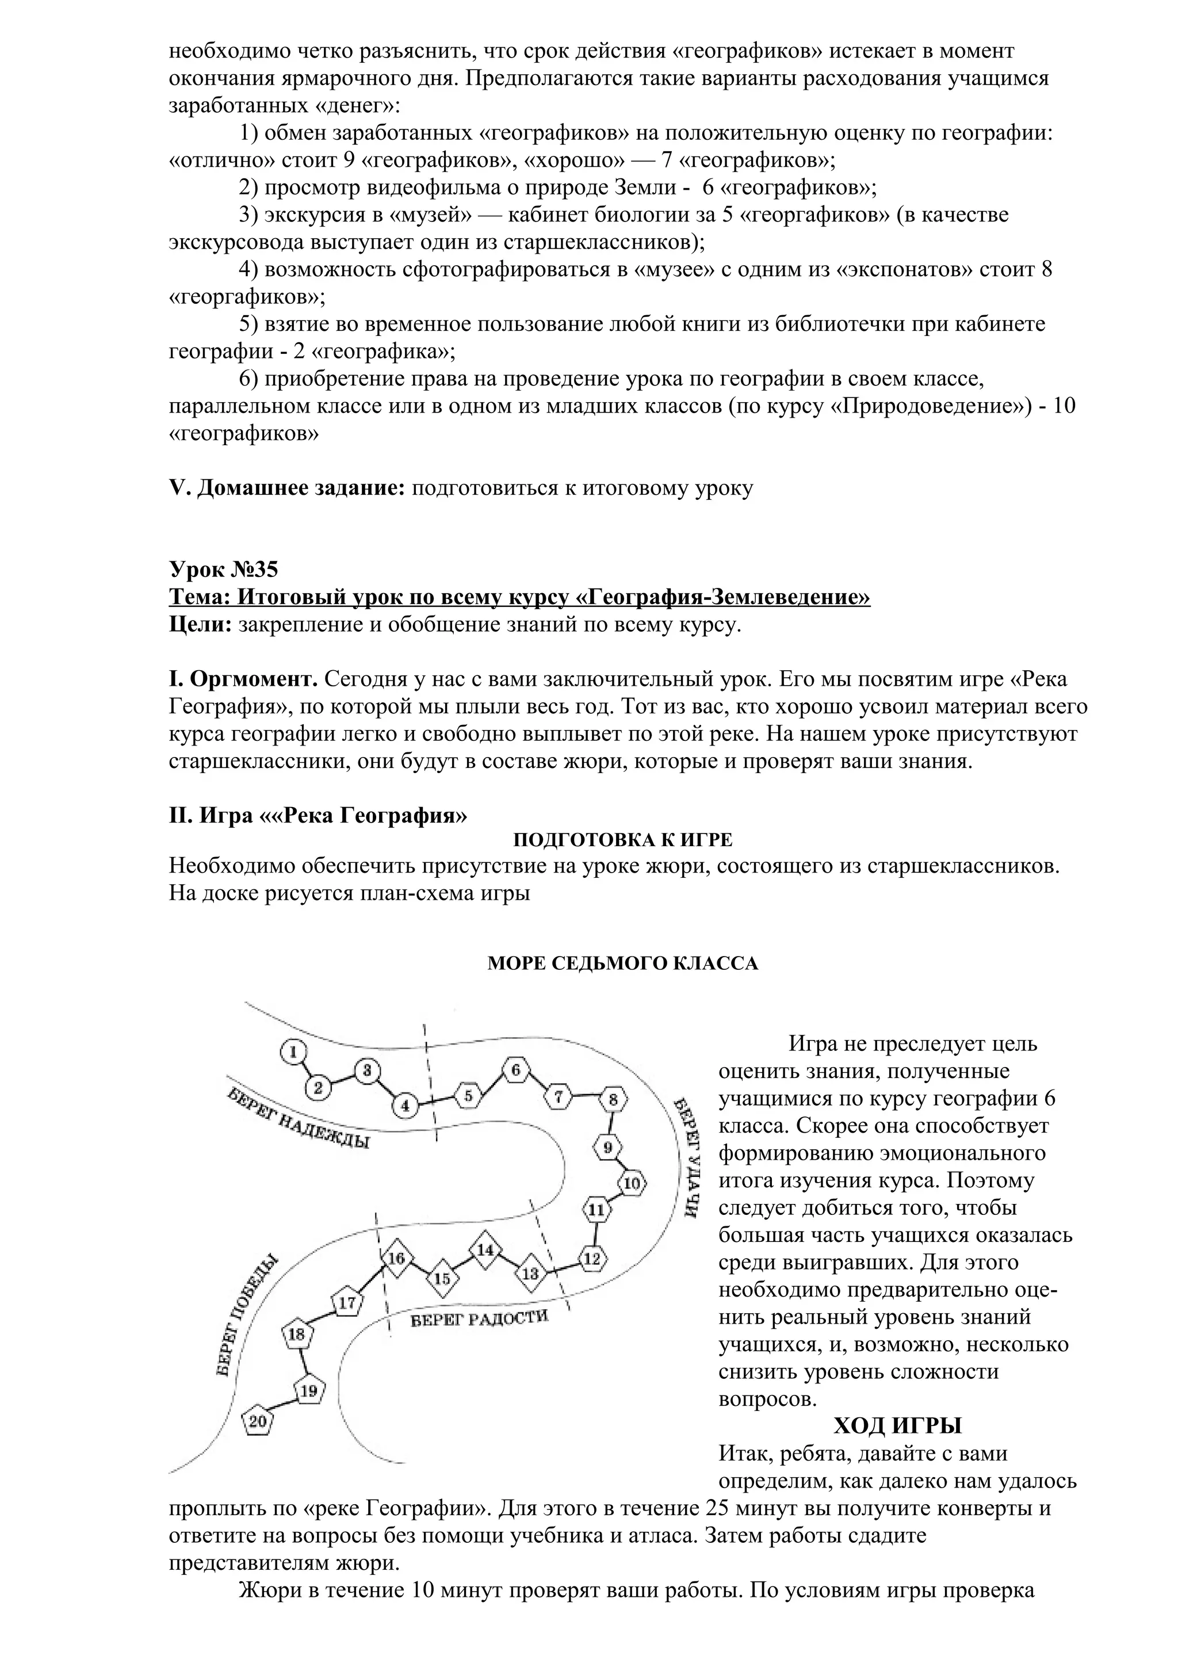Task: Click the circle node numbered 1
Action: point(293,1052)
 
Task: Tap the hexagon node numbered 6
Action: point(515,1070)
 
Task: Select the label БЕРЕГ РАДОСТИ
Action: point(479,1318)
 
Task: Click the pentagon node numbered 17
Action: point(347,1302)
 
